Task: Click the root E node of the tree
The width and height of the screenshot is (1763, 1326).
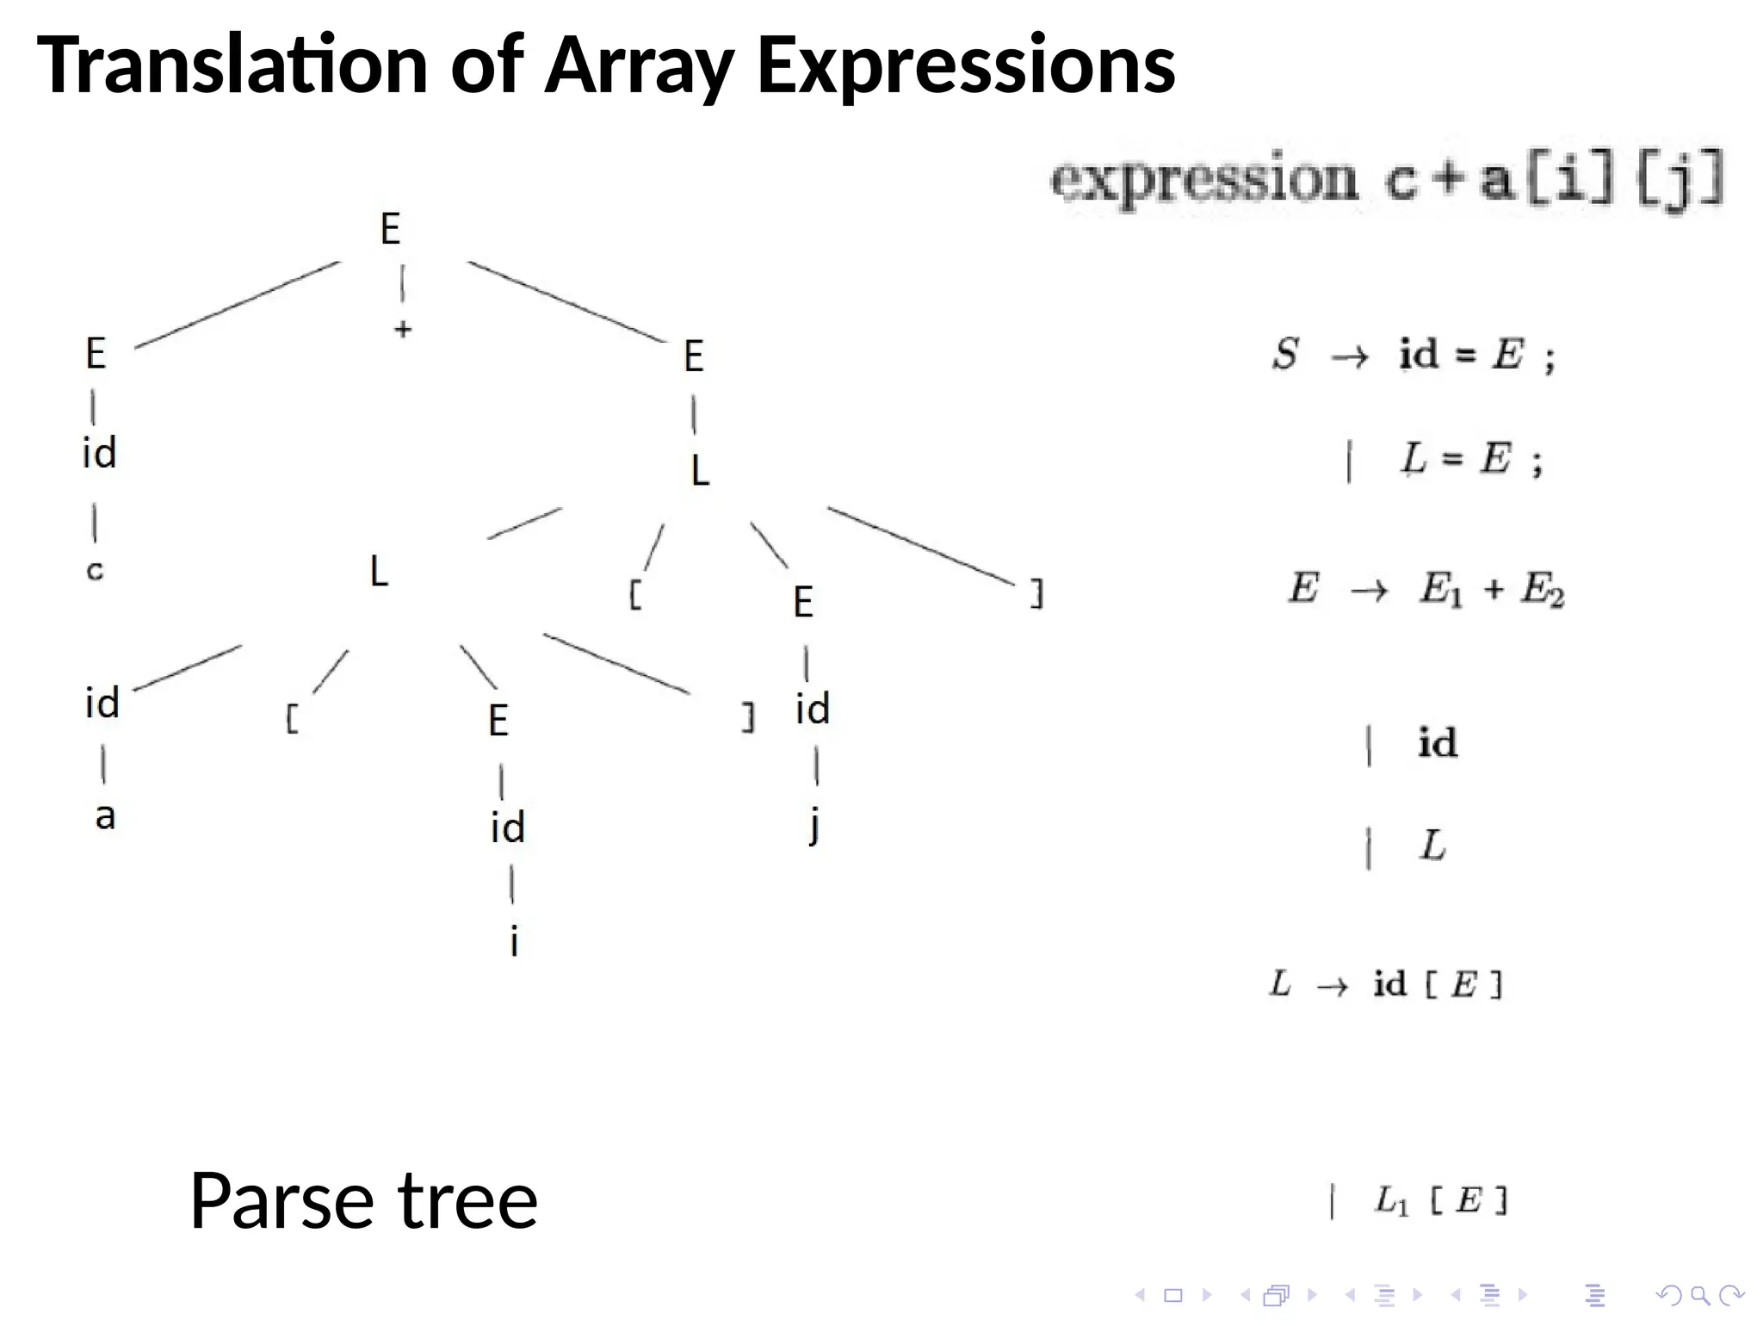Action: (x=390, y=229)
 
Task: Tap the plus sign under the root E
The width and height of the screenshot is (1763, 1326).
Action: (x=402, y=329)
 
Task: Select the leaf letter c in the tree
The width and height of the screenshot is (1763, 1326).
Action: (x=95, y=570)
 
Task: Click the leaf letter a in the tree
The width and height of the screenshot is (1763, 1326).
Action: (x=105, y=815)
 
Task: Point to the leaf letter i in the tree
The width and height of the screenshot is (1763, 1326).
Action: (x=514, y=941)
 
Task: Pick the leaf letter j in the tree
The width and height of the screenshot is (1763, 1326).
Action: (x=814, y=825)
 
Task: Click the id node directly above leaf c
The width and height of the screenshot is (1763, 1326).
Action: (x=99, y=453)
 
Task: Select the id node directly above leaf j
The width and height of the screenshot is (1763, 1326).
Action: (x=812, y=709)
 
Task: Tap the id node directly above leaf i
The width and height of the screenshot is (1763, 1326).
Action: (x=508, y=827)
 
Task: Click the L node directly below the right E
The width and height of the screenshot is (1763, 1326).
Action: (x=700, y=471)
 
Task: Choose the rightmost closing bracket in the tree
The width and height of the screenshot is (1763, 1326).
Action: (x=1037, y=594)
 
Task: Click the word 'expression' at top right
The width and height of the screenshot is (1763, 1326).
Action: (x=1203, y=181)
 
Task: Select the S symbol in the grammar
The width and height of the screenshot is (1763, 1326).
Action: (x=1285, y=354)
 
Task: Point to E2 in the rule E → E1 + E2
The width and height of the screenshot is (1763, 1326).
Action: (x=1542, y=591)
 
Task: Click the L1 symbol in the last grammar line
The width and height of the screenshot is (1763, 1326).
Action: (x=1391, y=1200)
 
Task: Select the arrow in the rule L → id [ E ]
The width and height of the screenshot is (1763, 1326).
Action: (x=1332, y=985)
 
